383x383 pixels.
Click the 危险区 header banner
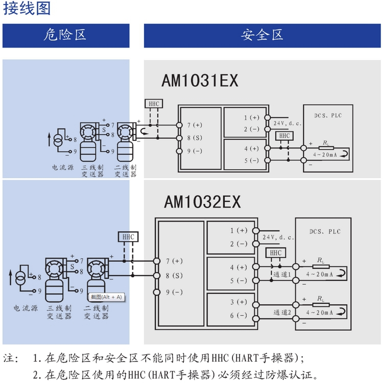65,35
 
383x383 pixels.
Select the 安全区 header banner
262,35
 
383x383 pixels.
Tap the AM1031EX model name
200,81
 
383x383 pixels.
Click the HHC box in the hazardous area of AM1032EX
128,237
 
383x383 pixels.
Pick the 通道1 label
282,274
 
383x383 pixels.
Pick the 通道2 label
282,312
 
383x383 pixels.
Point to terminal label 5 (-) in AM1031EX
251,160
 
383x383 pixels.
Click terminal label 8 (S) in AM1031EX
195,138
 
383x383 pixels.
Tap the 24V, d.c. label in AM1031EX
287,123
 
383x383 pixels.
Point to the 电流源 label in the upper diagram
62,167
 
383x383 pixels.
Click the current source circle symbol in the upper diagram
59,139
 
